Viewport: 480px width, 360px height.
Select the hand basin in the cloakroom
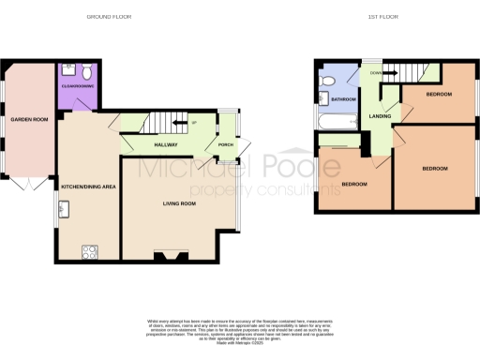tap(65, 71)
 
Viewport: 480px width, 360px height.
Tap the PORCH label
tap(226, 145)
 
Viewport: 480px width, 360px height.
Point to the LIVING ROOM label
tap(179, 202)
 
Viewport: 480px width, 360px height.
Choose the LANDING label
tap(379, 116)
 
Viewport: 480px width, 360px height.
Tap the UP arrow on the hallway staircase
tap(193, 123)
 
